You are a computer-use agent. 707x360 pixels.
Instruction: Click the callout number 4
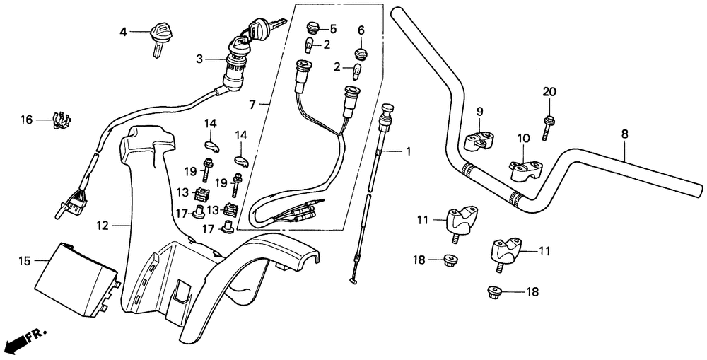coord(123,32)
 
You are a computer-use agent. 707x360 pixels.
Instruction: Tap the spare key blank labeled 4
coord(158,38)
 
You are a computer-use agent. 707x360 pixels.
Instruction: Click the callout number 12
coord(103,225)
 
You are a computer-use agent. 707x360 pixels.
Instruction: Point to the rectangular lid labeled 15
coord(76,279)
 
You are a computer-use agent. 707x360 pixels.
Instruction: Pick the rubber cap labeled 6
coord(361,53)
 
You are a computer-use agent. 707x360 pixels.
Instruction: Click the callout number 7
coord(252,105)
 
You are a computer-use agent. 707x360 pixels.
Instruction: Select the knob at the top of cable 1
coord(387,108)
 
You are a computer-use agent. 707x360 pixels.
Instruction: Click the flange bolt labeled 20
coord(549,127)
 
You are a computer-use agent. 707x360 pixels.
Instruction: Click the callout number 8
coord(624,134)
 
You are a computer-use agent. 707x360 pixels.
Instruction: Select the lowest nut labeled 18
coord(494,292)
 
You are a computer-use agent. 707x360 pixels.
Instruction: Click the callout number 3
coord(199,59)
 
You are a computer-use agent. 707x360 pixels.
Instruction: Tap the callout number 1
coord(408,151)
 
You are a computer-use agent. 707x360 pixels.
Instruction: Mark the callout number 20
coord(549,92)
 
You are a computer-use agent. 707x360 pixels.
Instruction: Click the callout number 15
coord(25,261)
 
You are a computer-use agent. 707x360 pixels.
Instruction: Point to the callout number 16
coord(27,120)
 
